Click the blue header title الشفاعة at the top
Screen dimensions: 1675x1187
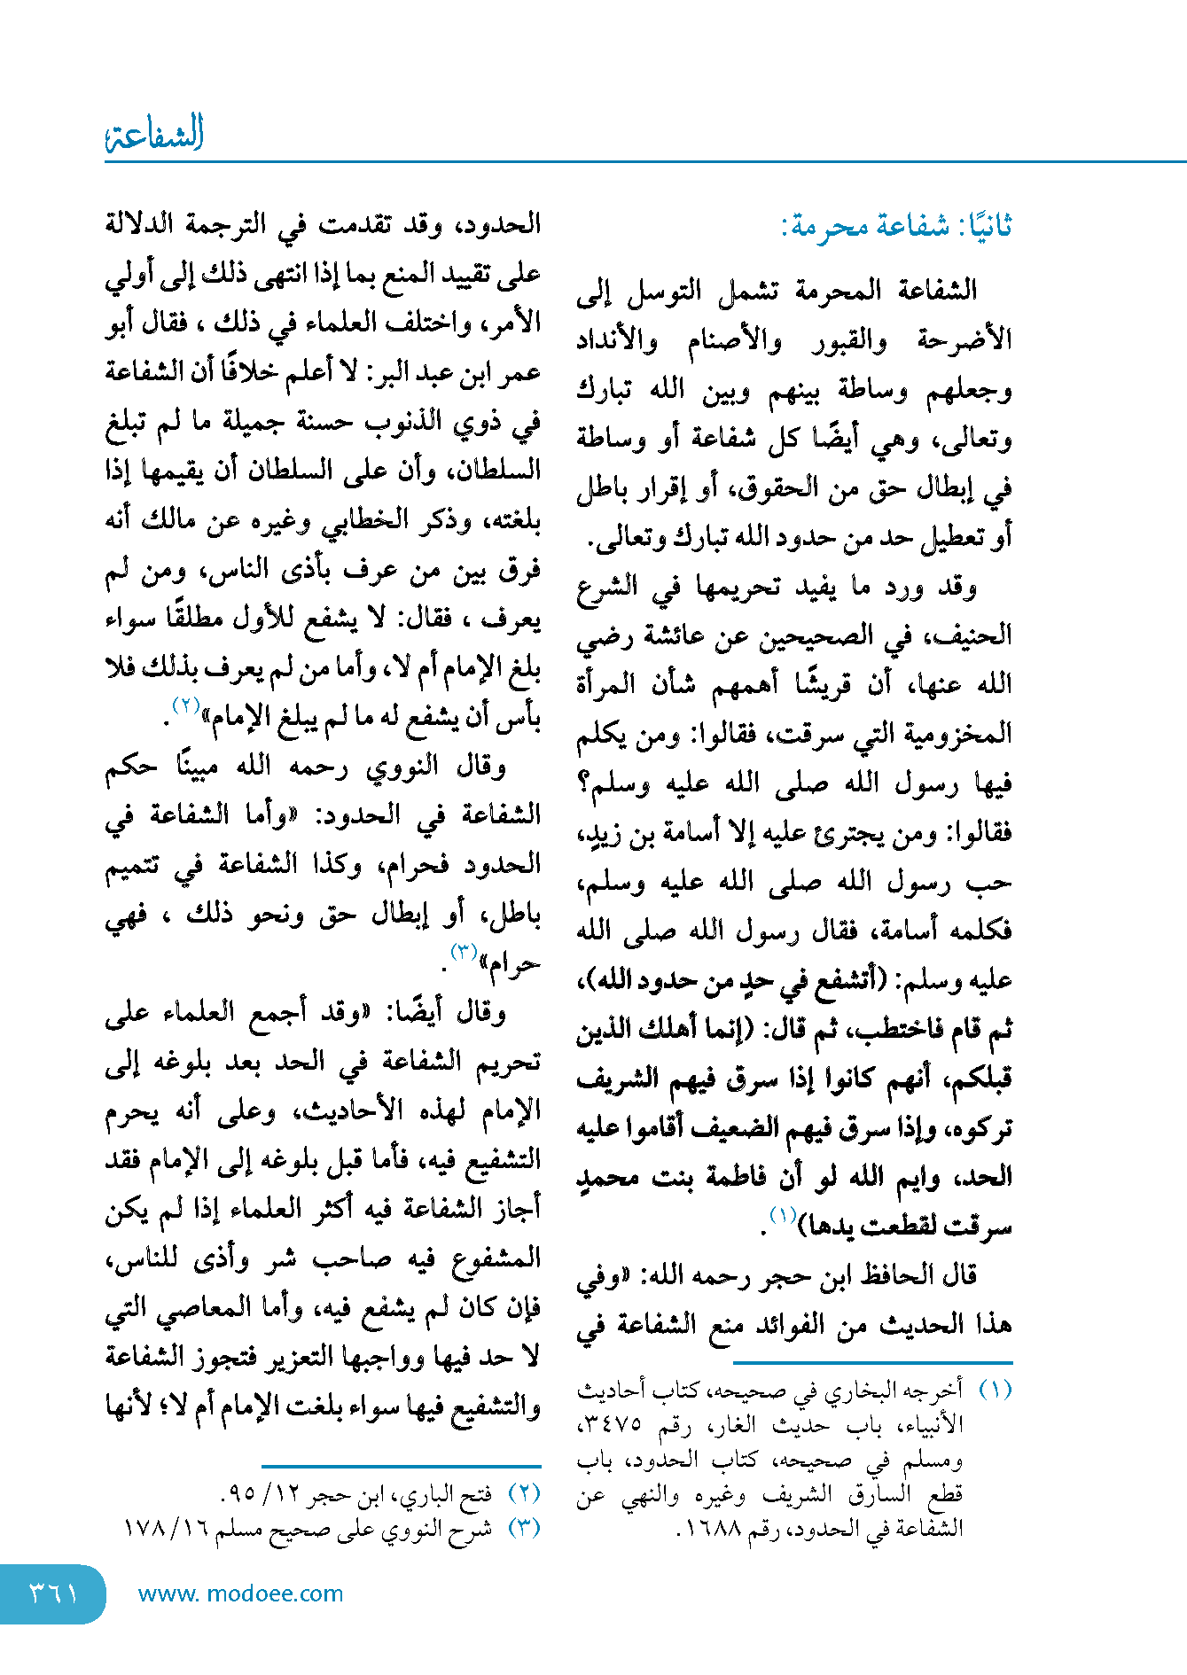[155, 134]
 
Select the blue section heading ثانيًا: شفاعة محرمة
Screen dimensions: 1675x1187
[896, 226]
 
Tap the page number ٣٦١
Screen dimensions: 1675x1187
[53, 1593]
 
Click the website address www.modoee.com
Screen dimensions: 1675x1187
[240, 1593]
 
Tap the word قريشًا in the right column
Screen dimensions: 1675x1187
[827, 684]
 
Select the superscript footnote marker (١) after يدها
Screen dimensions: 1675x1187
[783, 1213]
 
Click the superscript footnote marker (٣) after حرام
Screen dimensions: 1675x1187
[465, 952]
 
